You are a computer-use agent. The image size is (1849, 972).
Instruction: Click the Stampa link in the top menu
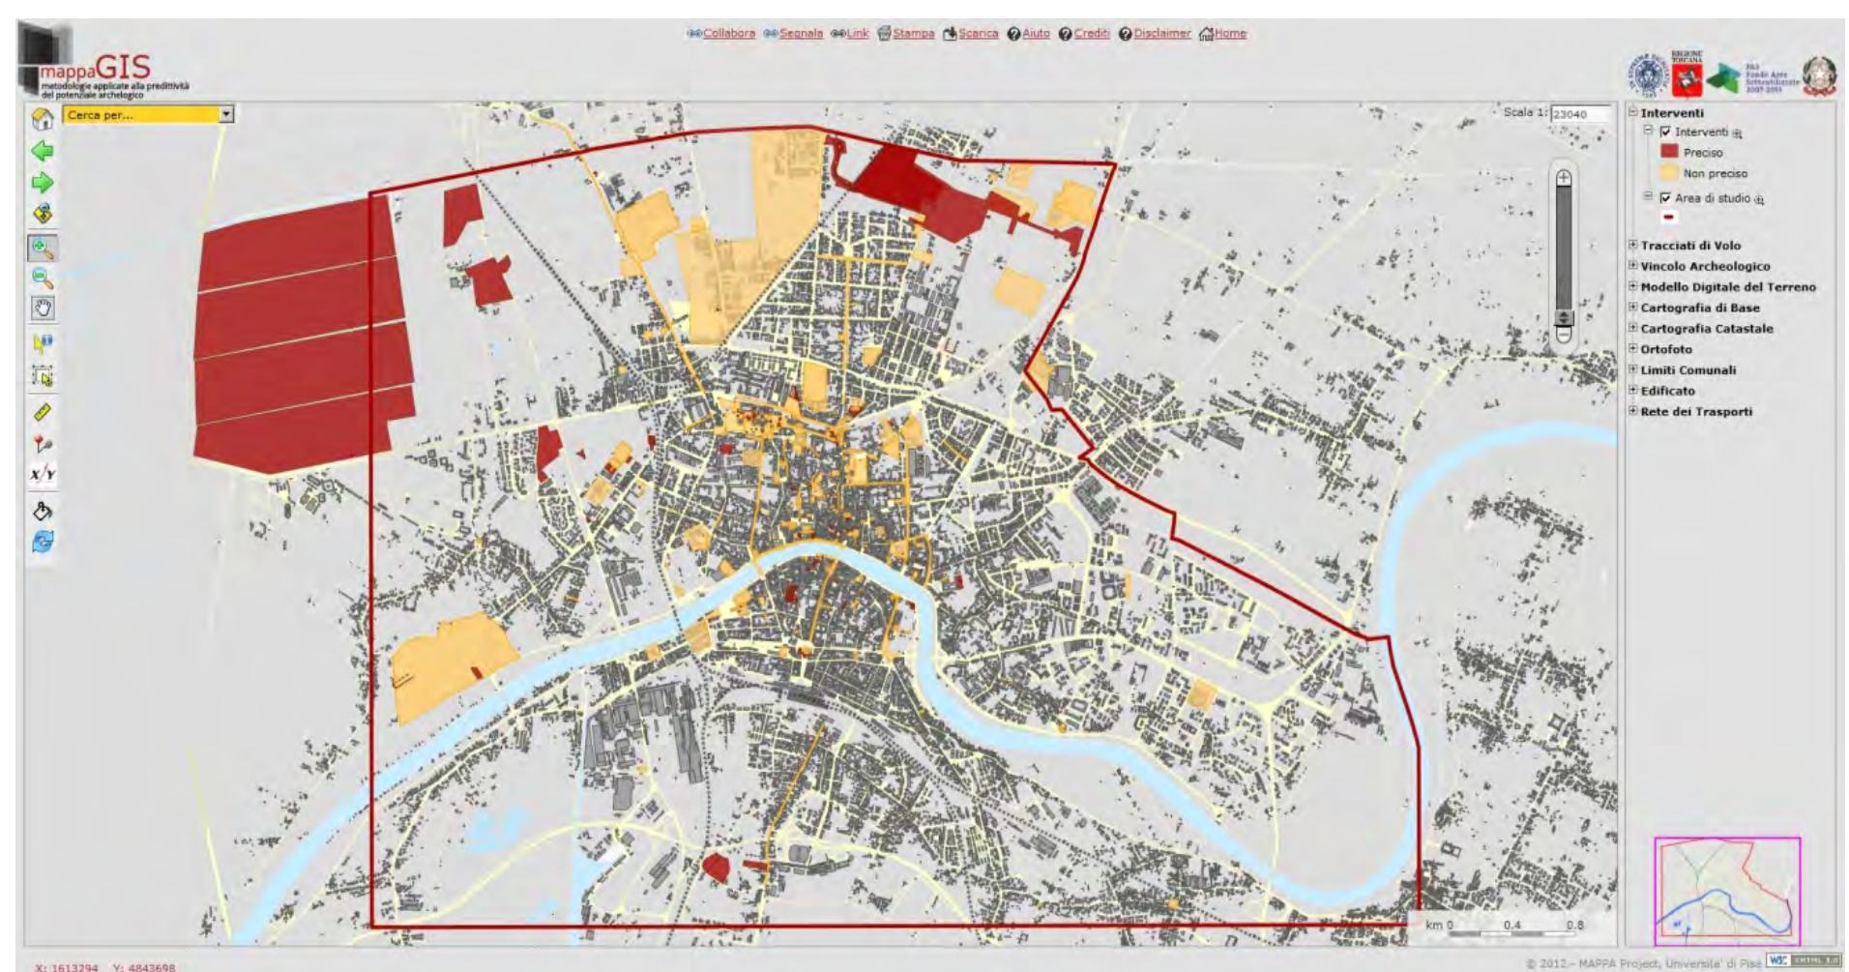coord(913,33)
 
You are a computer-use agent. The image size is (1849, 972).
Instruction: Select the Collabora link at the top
coord(728,33)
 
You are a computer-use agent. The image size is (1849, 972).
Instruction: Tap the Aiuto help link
coord(1035,33)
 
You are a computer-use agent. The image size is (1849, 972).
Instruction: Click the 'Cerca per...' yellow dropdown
coord(149,114)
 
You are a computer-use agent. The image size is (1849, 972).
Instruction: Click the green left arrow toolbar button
coord(43,151)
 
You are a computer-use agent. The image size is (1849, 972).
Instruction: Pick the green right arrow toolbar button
coord(43,183)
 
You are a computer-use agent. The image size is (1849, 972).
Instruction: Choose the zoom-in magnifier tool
coord(43,248)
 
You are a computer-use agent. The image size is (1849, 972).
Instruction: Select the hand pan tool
coord(43,309)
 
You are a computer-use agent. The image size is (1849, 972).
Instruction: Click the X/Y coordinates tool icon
coord(43,475)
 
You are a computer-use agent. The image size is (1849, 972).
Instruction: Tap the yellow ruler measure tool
coord(43,412)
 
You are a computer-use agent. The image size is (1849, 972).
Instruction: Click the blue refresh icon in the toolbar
coord(43,542)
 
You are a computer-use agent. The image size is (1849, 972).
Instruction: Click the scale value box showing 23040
coord(1580,114)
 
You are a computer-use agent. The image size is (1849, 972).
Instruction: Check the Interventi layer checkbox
coord(1664,133)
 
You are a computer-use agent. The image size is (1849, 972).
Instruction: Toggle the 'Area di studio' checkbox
coord(1664,198)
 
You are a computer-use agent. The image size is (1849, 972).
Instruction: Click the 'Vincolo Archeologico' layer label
coord(1705,266)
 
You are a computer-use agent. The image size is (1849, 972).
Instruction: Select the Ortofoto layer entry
coord(1666,349)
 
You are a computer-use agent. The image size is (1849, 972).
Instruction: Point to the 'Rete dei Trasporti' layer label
coord(1696,411)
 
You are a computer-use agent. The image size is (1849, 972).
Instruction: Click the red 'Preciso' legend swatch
coord(1669,152)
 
